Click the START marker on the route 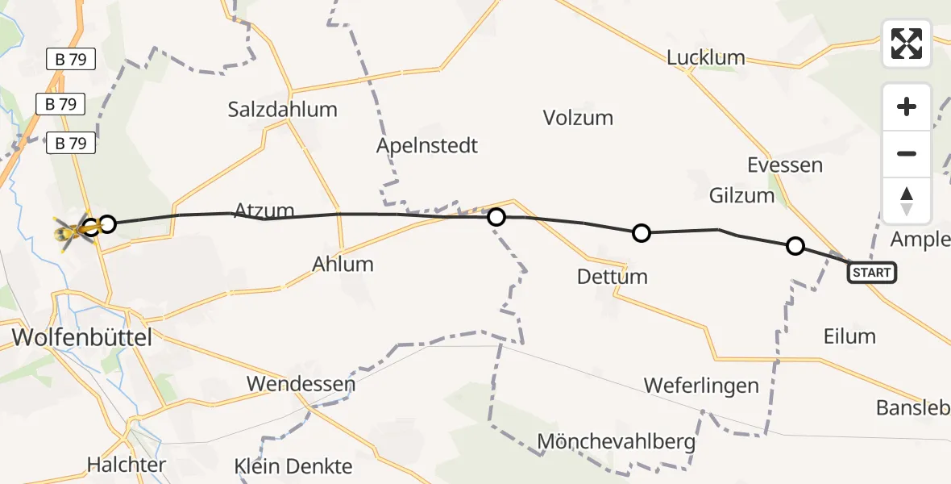[x=871, y=273]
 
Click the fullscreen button [x=907, y=44]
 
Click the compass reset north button [x=907, y=201]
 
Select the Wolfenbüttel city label [x=81, y=337]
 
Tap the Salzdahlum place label [x=282, y=109]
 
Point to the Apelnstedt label [x=427, y=146]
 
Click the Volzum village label [x=578, y=118]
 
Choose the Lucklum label [x=706, y=58]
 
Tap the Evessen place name [x=784, y=165]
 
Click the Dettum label [x=612, y=277]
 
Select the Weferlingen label [x=701, y=386]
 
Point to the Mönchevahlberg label [x=616, y=442]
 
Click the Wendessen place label [x=301, y=383]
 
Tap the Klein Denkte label [x=293, y=466]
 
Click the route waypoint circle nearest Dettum [x=641, y=233]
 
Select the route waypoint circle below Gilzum [x=795, y=246]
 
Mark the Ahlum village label [x=344, y=264]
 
